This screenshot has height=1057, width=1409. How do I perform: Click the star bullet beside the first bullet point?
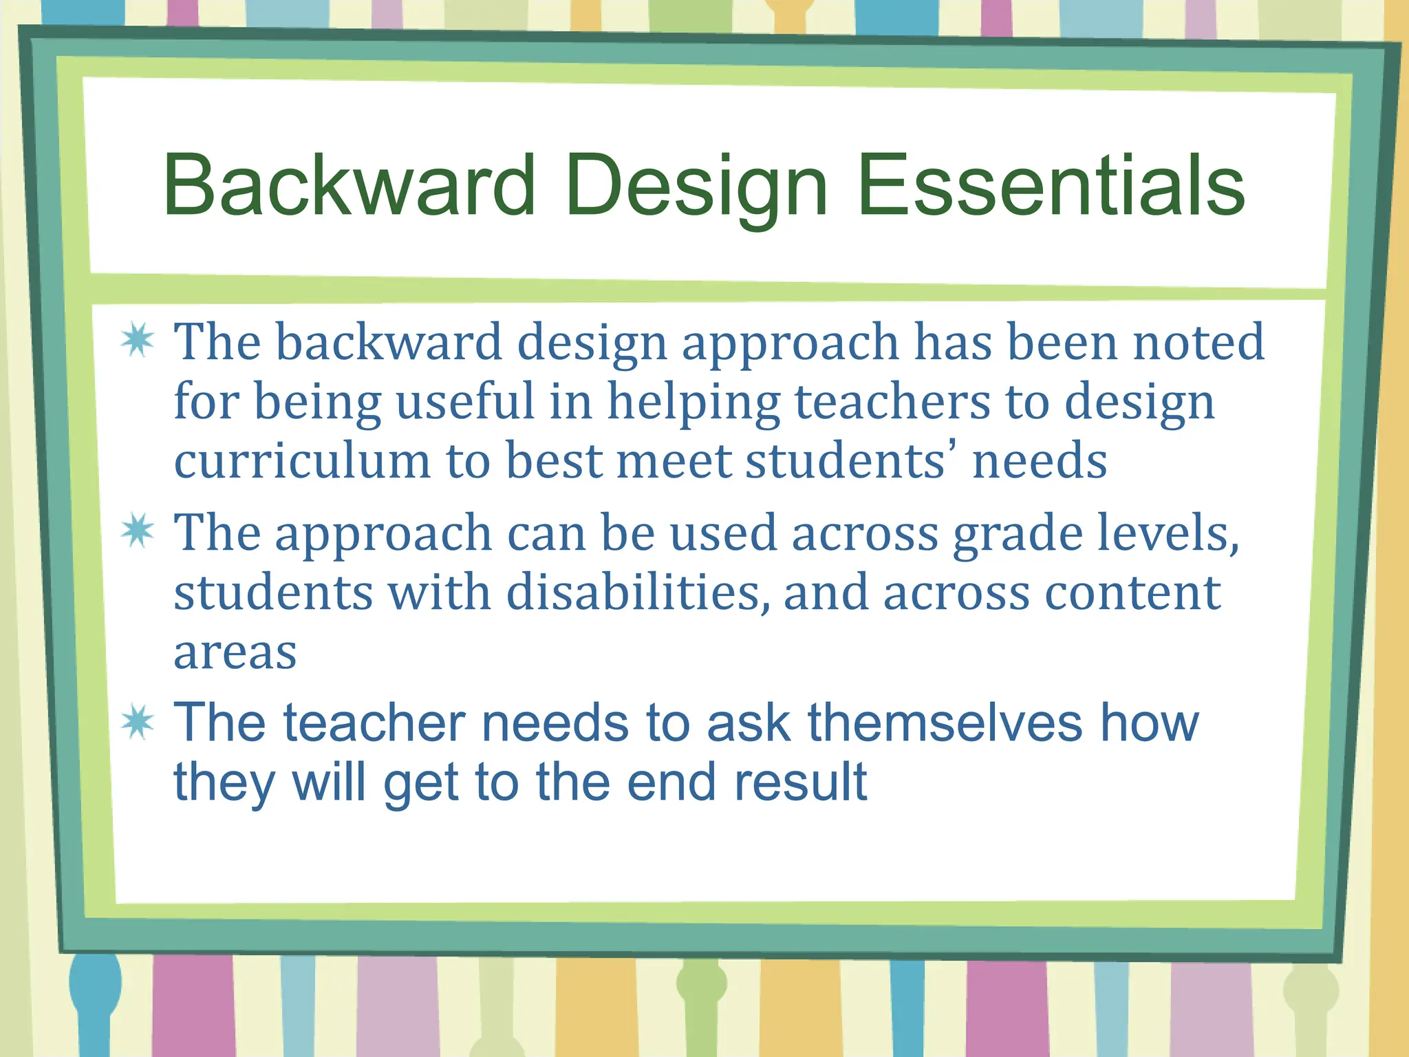(x=138, y=340)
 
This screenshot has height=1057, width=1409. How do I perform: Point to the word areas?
(x=235, y=652)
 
